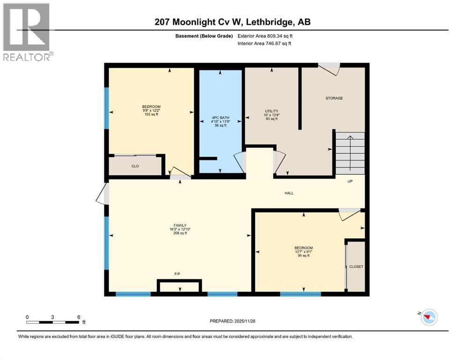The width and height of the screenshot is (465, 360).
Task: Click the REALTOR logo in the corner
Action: point(27,31)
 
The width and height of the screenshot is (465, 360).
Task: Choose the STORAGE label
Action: point(334,98)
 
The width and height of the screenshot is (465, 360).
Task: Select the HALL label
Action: point(289,193)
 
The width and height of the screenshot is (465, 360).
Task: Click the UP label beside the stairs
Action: point(350,181)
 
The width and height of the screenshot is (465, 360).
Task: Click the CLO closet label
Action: point(135,166)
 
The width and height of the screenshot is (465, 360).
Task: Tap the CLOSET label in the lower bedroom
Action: point(356,267)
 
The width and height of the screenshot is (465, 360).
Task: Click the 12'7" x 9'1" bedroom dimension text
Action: point(303,252)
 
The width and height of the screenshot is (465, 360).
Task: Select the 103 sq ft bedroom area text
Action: point(151,114)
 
